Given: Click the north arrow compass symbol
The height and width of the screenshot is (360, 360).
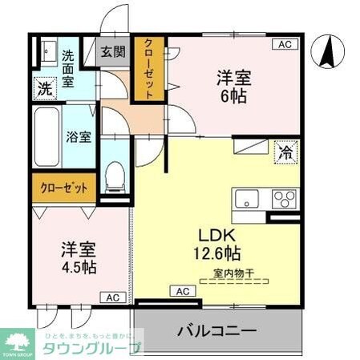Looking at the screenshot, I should (x=327, y=53).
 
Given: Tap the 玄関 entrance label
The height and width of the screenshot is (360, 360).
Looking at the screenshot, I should (x=113, y=53).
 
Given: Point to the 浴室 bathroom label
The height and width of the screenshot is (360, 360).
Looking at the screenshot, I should (x=79, y=136).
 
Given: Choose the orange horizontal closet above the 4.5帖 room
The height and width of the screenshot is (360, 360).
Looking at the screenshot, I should (x=64, y=188).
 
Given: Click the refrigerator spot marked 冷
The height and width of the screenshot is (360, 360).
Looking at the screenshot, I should (x=286, y=151).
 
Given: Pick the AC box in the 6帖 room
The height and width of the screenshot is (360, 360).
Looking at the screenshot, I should (x=285, y=45).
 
